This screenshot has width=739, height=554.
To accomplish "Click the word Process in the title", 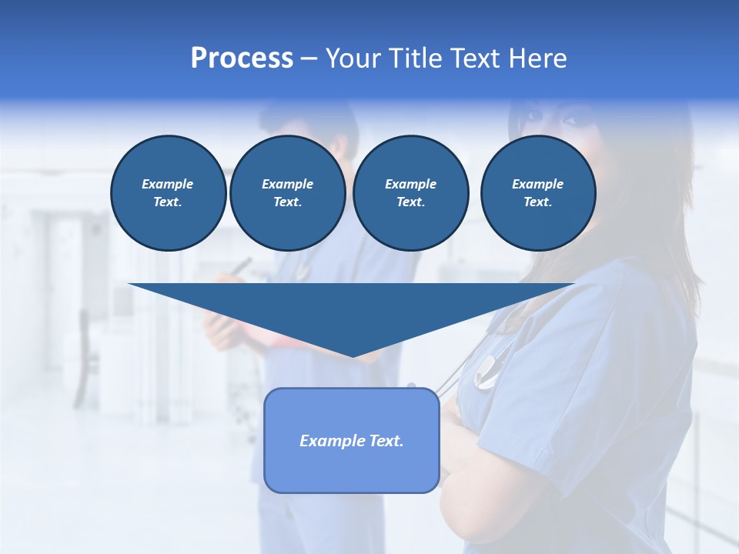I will (x=242, y=58).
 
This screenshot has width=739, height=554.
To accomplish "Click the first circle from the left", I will (x=168, y=193).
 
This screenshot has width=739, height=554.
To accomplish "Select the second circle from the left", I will (x=287, y=193).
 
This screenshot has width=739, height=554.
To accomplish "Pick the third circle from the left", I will (x=410, y=193).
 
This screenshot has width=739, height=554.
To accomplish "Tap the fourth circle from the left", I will (x=537, y=193).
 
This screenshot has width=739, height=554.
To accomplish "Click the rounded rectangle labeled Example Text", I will (x=352, y=440).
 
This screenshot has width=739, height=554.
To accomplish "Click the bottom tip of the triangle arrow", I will (x=353, y=355).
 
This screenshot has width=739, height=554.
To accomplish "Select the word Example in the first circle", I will (x=168, y=184).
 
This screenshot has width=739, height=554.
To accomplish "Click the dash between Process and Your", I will (x=309, y=58).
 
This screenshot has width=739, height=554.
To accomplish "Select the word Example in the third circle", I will (x=410, y=184).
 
